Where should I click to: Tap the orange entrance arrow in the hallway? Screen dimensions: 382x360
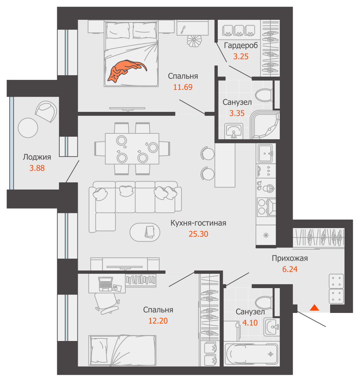coord(314,308)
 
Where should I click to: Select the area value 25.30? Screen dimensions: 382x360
coord(198,234)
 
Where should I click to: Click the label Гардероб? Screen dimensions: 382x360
coord(241,46)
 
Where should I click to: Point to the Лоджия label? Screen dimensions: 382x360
coord(37,157)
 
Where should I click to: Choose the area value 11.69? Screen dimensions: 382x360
coord(183,87)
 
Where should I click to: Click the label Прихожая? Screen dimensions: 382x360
coord(290,258)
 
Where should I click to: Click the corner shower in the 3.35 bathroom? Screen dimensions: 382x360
coord(266,124)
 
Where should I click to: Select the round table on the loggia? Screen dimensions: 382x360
coord(28,128)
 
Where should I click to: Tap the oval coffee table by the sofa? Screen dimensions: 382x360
coord(145,232)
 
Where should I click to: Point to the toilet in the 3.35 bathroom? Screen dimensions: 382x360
coord(264,95)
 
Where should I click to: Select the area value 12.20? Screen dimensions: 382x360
coord(158,320)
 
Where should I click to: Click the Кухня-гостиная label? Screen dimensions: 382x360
coord(198,223)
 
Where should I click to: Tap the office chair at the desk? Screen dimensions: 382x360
coord(104,301)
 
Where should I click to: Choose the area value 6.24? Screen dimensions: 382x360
coord(290,269)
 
